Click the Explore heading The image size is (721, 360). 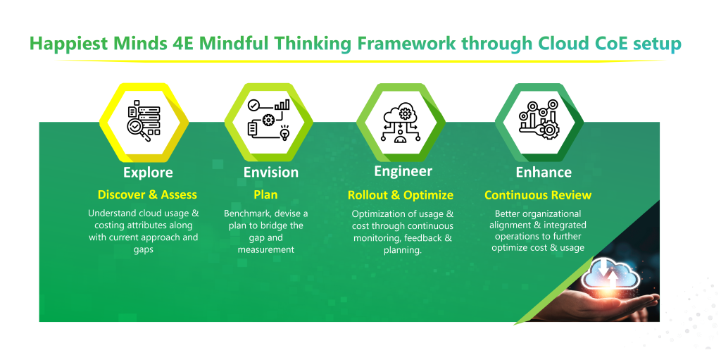point(148,173)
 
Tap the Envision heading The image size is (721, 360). point(271,172)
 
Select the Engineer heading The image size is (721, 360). point(403,172)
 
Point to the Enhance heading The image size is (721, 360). point(544,172)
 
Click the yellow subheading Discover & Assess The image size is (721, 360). point(147,194)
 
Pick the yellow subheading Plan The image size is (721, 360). point(265,194)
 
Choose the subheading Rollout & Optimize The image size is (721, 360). point(401,195)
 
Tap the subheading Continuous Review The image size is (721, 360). point(538,195)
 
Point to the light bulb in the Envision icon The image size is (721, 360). point(284,132)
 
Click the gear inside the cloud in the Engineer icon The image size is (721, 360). point(405,113)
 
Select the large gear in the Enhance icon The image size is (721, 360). point(548,130)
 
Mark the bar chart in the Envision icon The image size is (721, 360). point(282,104)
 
